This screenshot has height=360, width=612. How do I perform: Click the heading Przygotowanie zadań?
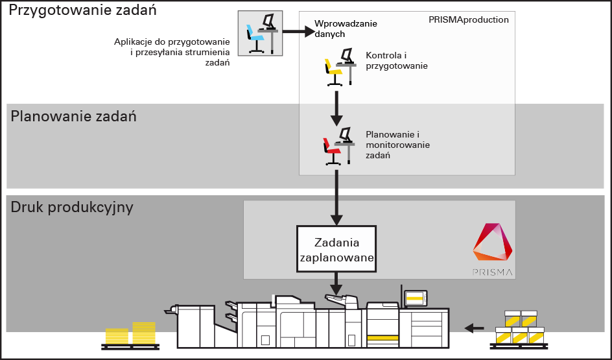(x=83, y=11)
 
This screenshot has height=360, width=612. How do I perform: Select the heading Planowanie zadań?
(x=73, y=117)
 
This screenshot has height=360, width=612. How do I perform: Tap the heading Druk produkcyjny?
(x=72, y=208)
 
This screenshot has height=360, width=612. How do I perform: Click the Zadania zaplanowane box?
(x=336, y=250)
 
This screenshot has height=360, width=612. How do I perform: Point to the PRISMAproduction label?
(x=468, y=20)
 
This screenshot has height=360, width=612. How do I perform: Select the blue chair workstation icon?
(x=260, y=33)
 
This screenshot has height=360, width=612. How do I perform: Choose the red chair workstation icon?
(x=338, y=147)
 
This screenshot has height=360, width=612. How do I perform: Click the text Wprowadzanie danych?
(x=345, y=29)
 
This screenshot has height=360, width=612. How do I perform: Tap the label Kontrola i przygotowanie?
(x=397, y=60)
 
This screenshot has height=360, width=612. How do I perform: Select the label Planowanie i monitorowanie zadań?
(x=397, y=145)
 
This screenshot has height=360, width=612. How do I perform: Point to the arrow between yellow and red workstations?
(x=336, y=108)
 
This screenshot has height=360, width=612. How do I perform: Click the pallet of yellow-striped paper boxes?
(x=519, y=329)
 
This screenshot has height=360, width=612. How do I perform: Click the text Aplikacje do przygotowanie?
(x=172, y=42)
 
